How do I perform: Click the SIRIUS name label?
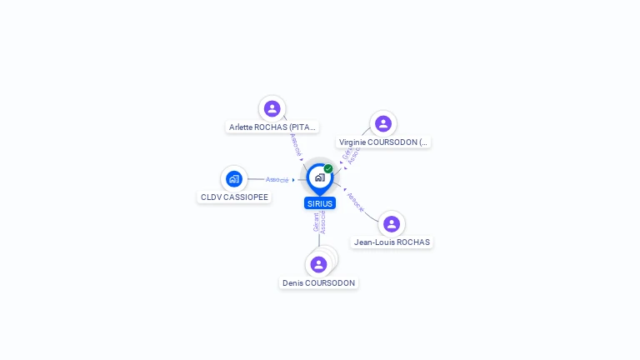(320, 203)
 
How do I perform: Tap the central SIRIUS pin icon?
(319, 177)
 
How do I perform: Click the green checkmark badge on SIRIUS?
(328, 169)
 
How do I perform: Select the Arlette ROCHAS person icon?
(272, 108)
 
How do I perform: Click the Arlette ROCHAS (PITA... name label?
(272, 127)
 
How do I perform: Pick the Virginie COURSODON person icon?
(382, 123)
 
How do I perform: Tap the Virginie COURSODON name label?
(383, 142)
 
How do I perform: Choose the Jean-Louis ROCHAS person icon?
(391, 223)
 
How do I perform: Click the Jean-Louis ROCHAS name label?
(392, 242)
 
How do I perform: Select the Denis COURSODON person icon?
(318, 264)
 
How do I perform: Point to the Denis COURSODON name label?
(318, 283)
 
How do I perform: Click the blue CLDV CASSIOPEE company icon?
(234, 178)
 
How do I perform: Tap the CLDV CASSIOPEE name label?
(234, 197)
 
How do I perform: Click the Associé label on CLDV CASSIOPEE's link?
(277, 179)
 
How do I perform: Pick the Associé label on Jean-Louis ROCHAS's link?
(356, 202)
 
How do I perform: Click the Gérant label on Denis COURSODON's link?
(316, 222)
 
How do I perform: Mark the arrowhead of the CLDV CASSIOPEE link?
(293, 179)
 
